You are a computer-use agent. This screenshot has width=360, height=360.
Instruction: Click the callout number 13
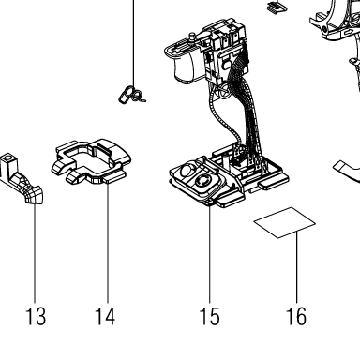36,316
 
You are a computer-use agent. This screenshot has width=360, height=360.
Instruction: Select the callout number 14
105,316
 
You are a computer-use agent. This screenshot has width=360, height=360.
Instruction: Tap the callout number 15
209,316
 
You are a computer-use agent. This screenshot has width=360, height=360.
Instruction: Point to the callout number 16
296,316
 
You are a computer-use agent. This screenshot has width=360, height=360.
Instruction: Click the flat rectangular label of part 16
284,222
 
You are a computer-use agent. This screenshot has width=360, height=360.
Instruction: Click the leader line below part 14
108,243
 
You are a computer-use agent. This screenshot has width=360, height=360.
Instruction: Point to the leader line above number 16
296,267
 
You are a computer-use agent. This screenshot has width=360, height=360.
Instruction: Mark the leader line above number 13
35,253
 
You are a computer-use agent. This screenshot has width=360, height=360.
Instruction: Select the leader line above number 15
210,254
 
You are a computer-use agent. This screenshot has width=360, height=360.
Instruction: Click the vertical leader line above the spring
134,43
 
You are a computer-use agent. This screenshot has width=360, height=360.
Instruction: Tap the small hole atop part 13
7,156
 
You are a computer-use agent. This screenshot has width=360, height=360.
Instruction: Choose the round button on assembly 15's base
202,181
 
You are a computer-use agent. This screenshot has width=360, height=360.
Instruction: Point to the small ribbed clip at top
277,7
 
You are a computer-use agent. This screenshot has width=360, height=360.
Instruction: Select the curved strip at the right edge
347,171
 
